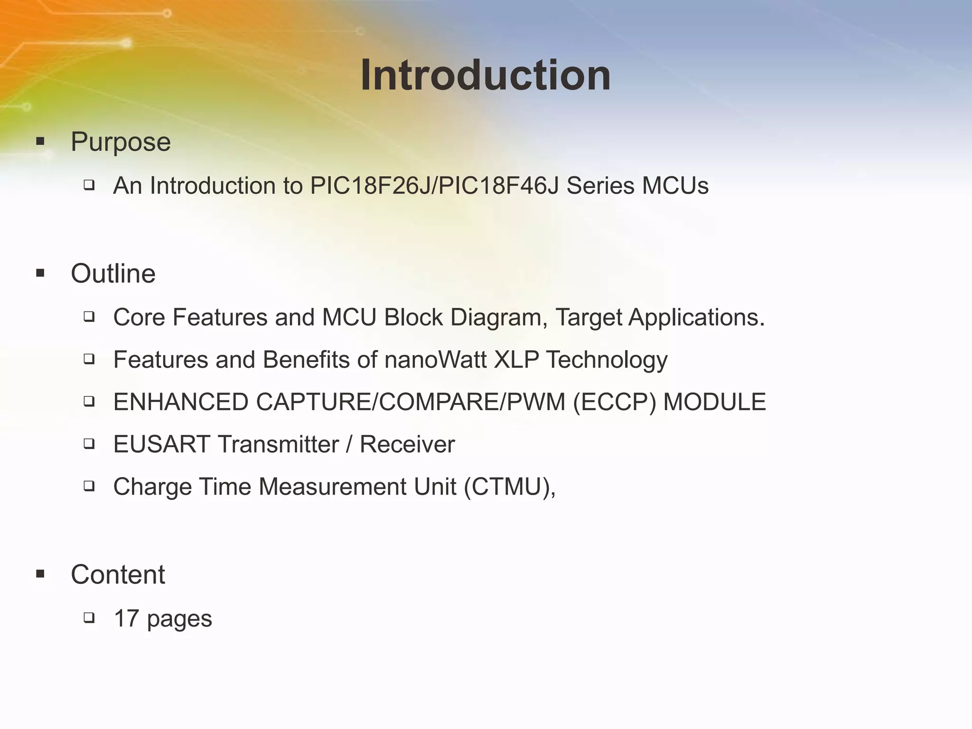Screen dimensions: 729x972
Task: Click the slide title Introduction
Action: click(485, 76)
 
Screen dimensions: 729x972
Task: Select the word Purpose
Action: click(121, 142)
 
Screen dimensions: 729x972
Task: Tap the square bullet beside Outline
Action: click(40, 273)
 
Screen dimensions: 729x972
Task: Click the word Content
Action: click(118, 574)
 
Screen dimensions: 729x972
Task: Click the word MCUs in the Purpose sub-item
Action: click(675, 186)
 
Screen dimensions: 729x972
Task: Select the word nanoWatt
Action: click(435, 360)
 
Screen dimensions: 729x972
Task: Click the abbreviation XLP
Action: click(516, 360)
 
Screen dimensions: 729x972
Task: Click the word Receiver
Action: click(407, 445)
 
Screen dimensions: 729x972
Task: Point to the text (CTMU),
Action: click(510, 487)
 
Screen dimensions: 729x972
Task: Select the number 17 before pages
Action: click(126, 618)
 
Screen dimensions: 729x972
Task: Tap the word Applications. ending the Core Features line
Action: click(696, 318)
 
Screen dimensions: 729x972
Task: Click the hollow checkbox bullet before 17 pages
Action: click(89, 617)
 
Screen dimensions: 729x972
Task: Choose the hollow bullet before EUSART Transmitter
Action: click(89, 444)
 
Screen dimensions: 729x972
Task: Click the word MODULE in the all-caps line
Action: click(714, 402)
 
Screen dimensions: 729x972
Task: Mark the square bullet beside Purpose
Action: click(40, 141)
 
